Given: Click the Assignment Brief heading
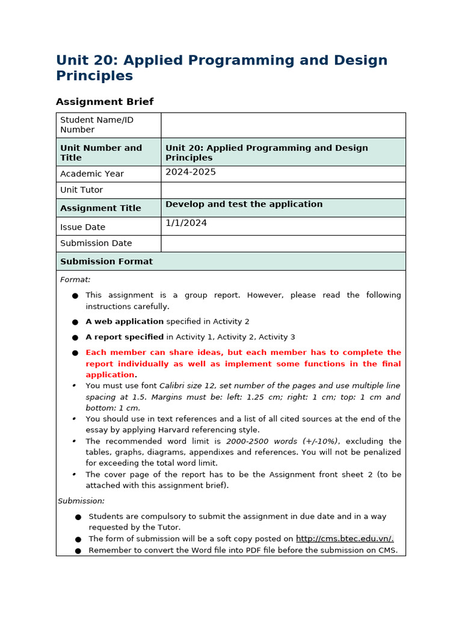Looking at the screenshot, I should coord(105,102).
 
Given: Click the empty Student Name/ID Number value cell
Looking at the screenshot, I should coord(283,125).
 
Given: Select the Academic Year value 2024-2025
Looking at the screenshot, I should coord(191,172).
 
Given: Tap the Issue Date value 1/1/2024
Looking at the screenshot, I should coord(186,223).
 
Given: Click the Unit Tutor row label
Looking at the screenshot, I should coord(81,190).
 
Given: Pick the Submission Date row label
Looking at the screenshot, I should coord(96,243).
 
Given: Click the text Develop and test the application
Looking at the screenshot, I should coord(244,204).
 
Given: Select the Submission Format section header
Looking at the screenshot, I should coord(106,262).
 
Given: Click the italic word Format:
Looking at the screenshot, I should coord(75,280).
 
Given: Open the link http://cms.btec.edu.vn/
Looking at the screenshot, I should coord(345,539).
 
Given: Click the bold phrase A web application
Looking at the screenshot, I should coord(125,322).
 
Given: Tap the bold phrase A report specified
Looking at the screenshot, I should coord(125,337).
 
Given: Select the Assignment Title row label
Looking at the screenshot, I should coord(100,208).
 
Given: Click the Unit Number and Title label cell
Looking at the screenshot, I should coord(101,152).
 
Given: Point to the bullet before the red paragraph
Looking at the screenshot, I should coord(75,353).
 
